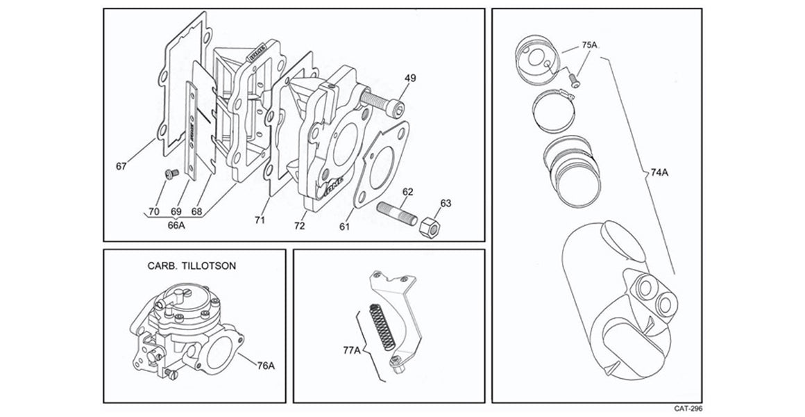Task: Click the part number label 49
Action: [410, 79]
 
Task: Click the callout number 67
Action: [122, 166]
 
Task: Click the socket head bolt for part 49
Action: [383, 101]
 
